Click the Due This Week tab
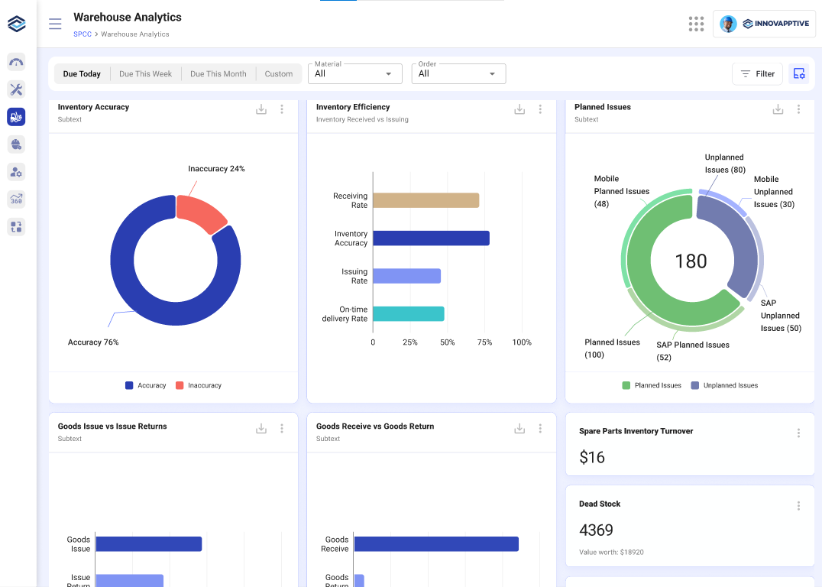pyautogui.click(x=145, y=74)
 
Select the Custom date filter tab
pyautogui.click(x=279, y=74)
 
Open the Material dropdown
pyautogui.click(x=354, y=73)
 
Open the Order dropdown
pyautogui.click(x=458, y=73)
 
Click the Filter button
pyautogui.click(x=757, y=74)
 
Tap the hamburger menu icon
pyautogui.click(x=55, y=24)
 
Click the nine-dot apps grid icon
pyautogui.click(x=696, y=24)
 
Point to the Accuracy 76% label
pyautogui.click(x=93, y=342)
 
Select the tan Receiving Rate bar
pyautogui.click(x=426, y=200)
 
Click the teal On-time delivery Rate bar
pyautogui.click(x=408, y=314)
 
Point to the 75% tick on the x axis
pyautogui.click(x=484, y=342)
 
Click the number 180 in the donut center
pyautogui.click(x=691, y=261)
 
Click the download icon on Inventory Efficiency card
pyautogui.click(x=519, y=109)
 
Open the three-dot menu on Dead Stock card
pyautogui.click(x=798, y=506)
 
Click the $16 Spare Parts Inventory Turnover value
pyautogui.click(x=592, y=457)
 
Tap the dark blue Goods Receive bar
pyautogui.click(x=436, y=544)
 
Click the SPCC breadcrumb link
pyautogui.click(x=83, y=34)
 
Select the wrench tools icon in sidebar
pyautogui.click(x=16, y=89)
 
